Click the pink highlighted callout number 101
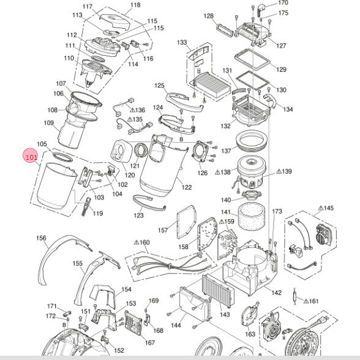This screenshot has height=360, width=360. (x=31, y=157)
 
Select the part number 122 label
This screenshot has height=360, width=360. (x=186, y=187)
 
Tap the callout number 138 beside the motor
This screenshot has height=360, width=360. (x=226, y=171)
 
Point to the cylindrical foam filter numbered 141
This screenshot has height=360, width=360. (x=252, y=217)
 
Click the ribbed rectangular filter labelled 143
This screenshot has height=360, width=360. (x=218, y=291)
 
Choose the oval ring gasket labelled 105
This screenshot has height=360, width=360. (x=62, y=157)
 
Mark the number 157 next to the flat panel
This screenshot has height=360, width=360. (x=163, y=230)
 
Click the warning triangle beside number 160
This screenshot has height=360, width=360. (x=137, y=242)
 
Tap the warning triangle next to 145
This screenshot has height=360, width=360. (x=321, y=208)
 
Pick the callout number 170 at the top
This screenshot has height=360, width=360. (x=283, y=2)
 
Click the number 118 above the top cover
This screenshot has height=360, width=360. (x=135, y=5)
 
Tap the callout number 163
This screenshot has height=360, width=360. (x=250, y=334)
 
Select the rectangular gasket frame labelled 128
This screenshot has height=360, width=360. (x=225, y=29)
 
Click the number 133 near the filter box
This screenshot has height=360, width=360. (x=182, y=42)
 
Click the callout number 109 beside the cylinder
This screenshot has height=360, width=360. (x=49, y=123)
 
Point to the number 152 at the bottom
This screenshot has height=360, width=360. (x=119, y=350)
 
